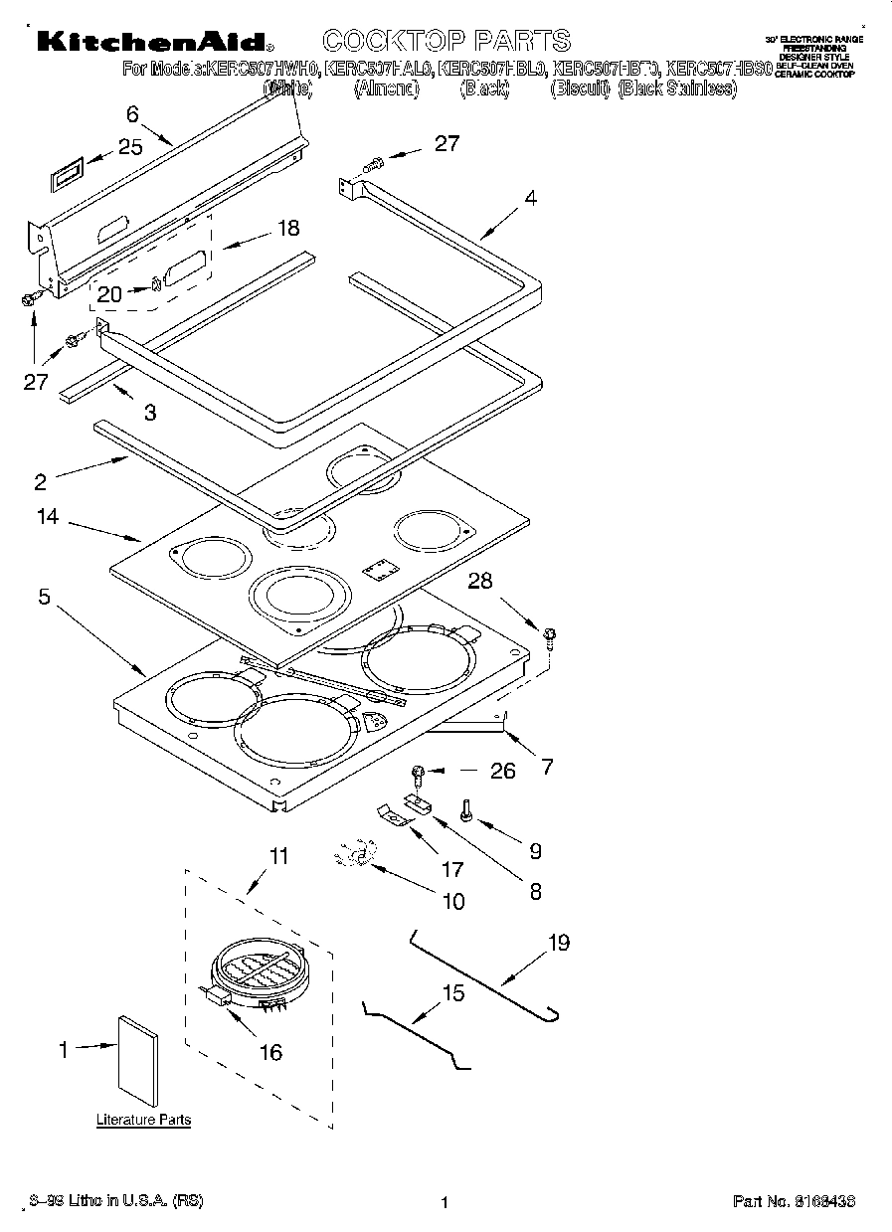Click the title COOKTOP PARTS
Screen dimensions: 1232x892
coord(446,41)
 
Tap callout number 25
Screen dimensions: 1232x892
coord(130,147)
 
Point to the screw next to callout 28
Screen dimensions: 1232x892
coord(550,635)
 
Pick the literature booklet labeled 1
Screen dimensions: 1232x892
coord(137,1060)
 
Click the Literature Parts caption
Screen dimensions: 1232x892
coord(143,1120)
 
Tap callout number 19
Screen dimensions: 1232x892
coord(559,943)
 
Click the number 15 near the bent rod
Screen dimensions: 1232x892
coord(452,992)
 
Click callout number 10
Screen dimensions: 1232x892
coord(452,902)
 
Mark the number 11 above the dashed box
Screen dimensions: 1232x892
coord(279,854)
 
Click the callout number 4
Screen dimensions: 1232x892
coord(531,198)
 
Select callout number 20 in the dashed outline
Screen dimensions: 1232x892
coord(109,293)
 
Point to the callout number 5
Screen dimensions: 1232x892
coord(45,597)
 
